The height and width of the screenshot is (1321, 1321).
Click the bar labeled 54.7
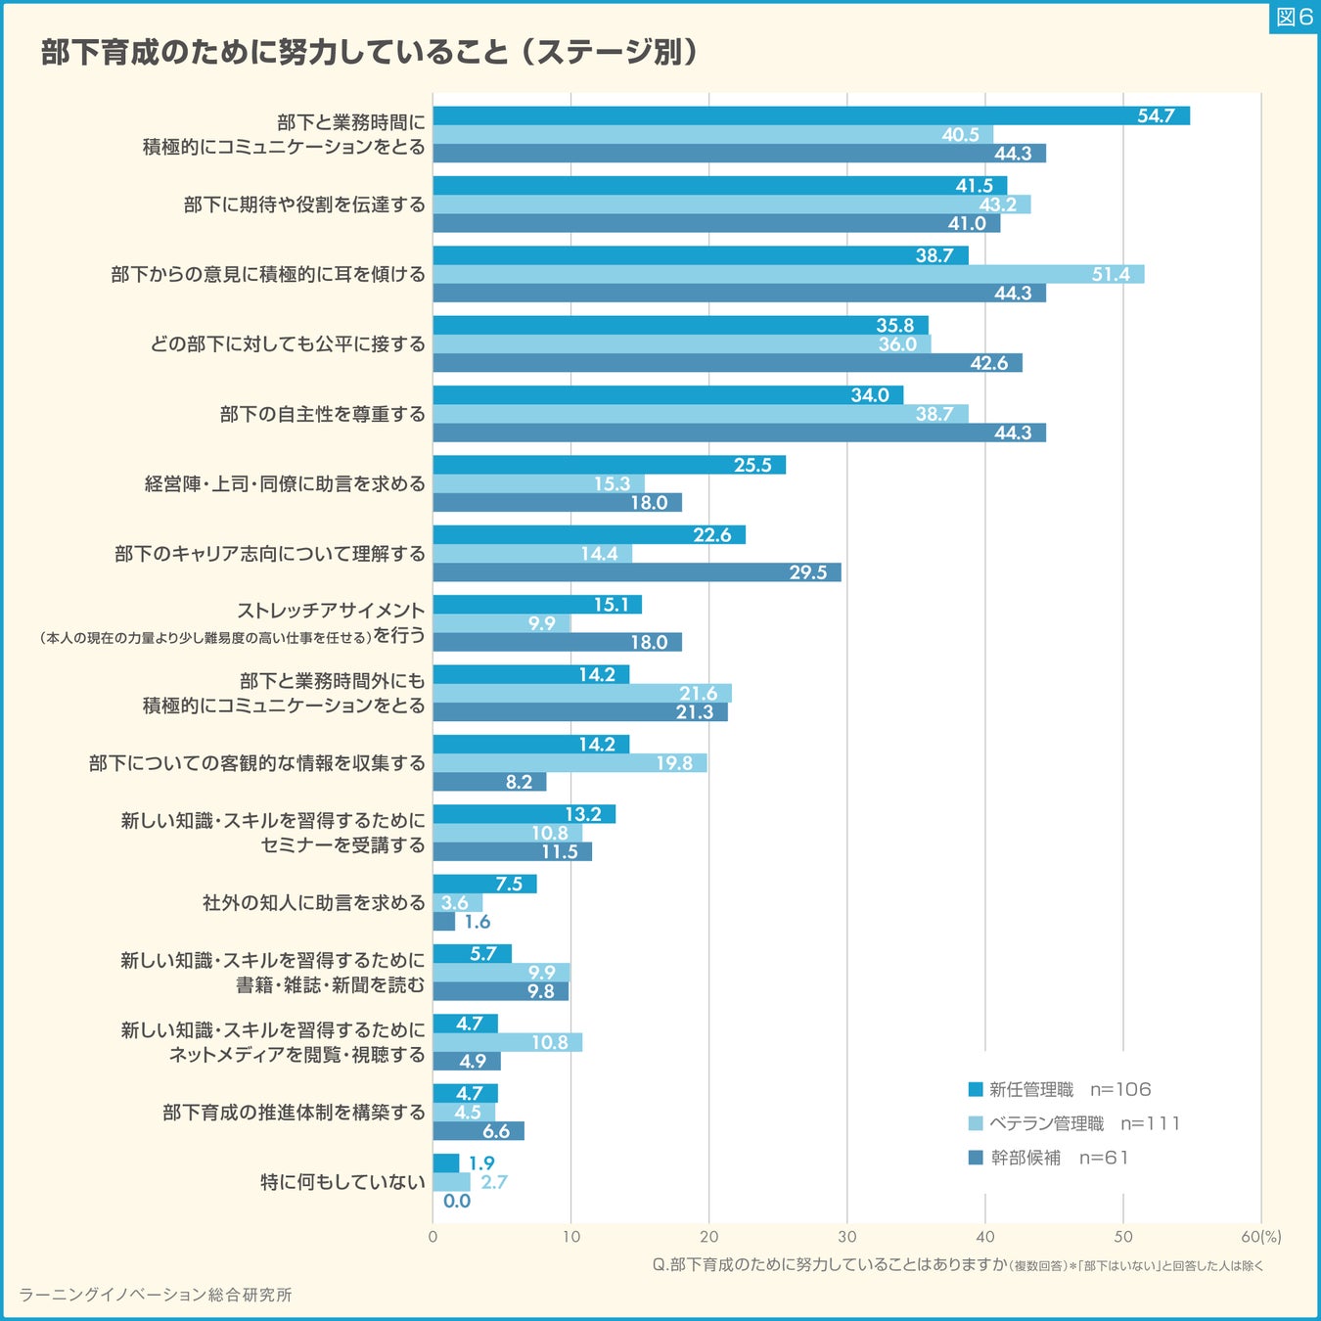[810, 115]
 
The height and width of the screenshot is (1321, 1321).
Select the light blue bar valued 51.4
[788, 274]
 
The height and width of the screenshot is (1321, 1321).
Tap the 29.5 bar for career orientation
[636, 572]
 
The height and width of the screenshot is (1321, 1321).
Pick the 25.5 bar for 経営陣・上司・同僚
[609, 465]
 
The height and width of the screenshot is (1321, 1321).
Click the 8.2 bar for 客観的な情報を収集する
[489, 782]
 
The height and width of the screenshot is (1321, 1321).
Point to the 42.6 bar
[727, 363]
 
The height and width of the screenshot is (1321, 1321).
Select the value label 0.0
[457, 1201]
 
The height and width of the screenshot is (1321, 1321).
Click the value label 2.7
[494, 1182]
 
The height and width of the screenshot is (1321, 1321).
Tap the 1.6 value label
[478, 922]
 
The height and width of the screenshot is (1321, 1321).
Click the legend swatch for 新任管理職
[975, 1089]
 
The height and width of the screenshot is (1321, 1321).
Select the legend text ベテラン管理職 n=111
[1084, 1123]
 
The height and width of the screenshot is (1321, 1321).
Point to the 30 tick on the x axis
[847, 1237]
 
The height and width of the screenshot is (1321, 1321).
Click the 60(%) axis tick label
[1260, 1237]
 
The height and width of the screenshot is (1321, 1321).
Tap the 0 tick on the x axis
[433, 1237]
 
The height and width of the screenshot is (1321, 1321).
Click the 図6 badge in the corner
[1294, 17]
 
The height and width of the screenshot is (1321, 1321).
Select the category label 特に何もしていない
[342, 1182]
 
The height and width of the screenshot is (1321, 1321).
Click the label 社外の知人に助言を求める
[313, 902]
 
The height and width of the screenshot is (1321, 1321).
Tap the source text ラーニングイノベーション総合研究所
[156, 1295]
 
